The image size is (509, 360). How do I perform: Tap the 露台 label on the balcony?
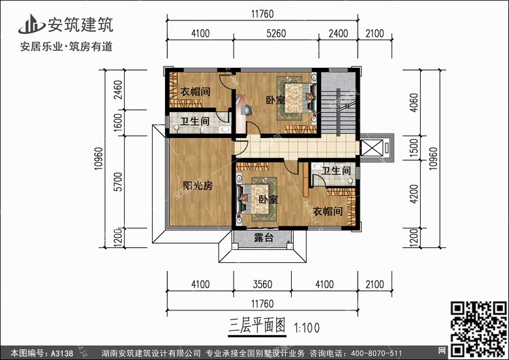(x=264, y=238)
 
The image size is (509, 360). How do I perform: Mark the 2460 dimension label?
(x=119, y=88)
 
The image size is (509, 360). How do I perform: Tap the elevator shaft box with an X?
(x=371, y=148)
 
